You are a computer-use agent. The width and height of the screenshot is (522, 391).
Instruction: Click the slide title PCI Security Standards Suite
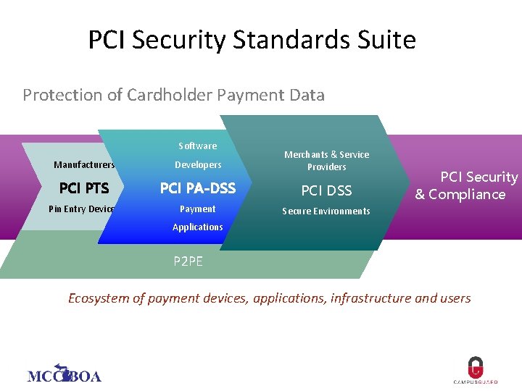click(x=252, y=40)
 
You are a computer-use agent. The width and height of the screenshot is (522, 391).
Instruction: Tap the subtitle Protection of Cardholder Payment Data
click(x=173, y=95)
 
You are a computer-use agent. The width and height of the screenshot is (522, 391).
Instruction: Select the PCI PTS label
click(x=84, y=189)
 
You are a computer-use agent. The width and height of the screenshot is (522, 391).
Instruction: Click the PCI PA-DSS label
click(x=198, y=189)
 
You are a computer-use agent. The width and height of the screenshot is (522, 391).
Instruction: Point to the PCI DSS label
click(x=326, y=190)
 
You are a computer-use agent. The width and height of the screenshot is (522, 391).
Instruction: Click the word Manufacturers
click(x=84, y=165)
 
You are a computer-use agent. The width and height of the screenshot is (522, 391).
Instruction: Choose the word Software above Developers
click(x=197, y=146)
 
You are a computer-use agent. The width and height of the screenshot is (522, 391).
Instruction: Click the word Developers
click(x=198, y=165)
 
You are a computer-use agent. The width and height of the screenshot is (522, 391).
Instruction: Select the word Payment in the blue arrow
click(x=198, y=209)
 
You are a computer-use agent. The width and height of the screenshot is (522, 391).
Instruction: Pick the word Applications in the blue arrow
click(x=198, y=227)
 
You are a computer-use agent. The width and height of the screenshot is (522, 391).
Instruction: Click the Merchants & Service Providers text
click(x=326, y=161)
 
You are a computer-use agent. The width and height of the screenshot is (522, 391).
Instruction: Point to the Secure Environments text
click(x=326, y=211)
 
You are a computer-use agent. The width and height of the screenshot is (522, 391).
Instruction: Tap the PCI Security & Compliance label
click(x=464, y=185)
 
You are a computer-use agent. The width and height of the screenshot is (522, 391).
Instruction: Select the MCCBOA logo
click(x=64, y=374)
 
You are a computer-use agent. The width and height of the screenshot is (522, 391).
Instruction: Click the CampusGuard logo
click(x=475, y=371)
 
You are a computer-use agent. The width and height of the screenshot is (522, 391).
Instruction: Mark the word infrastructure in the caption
click(x=370, y=298)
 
